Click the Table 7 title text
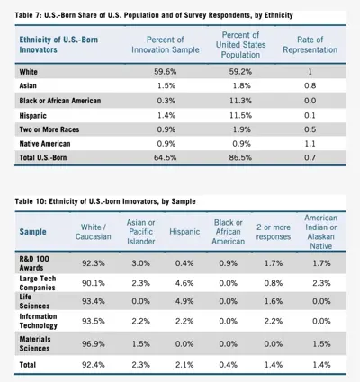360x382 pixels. pos(154,15)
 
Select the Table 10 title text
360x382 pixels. pos(105,201)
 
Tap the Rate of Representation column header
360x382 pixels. pos(310,45)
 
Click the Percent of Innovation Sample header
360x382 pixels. pos(166,45)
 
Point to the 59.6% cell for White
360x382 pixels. pos(166,72)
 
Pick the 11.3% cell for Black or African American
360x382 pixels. pos(240,101)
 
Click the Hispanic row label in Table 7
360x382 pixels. pos(33,116)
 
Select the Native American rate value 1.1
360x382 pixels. pos(310,144)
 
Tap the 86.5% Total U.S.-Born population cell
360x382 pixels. pos(240,157)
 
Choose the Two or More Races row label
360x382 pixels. pos(49,129)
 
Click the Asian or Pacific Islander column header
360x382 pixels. pos(140,232)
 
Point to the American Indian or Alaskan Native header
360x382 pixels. pos(321,232)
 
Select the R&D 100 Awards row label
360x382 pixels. pos(34,263)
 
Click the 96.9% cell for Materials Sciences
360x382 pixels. pos(94,343)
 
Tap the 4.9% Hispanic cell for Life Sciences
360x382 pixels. pos(184,301)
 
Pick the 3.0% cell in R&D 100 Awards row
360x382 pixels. pos(140,263)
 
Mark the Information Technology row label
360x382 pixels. pos(39,321)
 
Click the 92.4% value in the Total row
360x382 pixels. pos(94,365)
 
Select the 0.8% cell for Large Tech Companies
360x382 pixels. pos(274,283)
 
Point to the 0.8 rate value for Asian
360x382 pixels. pos(310,85)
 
